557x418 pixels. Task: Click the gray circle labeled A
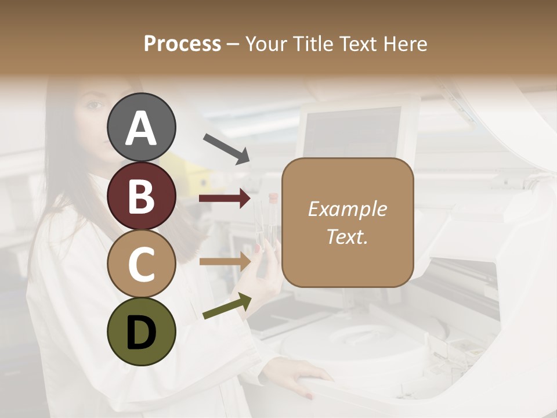pos(141,127)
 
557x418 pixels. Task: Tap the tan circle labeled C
pos(141,264)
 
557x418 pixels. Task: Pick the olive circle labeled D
pos(141,331)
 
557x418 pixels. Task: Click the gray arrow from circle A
pos(226,149)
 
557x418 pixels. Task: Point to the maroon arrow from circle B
pos(225,199)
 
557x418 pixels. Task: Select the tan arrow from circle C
pos(225,262)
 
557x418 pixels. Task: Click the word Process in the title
pos(182,44)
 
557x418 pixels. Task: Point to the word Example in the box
pos(347,209)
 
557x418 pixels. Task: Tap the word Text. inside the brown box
pos(347,236)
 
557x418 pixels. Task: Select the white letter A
pos(141,128)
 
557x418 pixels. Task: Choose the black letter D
pos(141,332)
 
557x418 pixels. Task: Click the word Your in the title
pos(267,44)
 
